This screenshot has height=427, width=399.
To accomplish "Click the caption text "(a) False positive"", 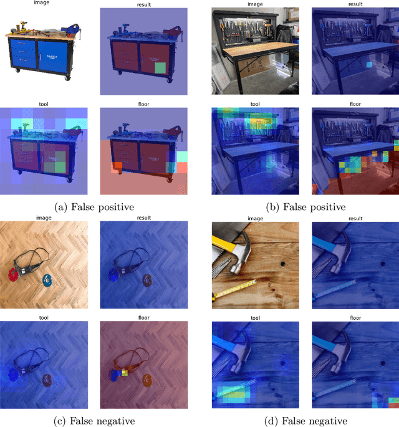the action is pos(94,207).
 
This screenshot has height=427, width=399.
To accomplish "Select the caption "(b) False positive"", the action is pos(305,207).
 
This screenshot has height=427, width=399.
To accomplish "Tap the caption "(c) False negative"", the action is pos(94,421).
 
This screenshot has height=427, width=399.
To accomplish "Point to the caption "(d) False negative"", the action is pos(306,421).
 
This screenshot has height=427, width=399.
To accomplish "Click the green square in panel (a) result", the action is pos(160,68).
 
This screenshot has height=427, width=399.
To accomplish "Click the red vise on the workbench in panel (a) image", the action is pos(71,29).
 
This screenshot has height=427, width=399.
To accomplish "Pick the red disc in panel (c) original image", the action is pos(13,274).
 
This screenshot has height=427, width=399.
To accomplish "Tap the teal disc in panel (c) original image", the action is pos(47,280).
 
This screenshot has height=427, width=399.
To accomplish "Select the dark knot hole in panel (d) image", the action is pos(283,264).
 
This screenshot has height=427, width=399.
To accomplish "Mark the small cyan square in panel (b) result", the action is pos(369,65).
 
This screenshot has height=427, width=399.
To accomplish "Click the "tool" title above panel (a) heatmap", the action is pos(44,104).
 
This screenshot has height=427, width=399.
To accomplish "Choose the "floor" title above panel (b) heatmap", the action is pos(355,104).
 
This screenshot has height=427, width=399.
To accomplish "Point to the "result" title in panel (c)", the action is pos(144,218).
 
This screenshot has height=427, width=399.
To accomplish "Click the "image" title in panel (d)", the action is pos(255,218).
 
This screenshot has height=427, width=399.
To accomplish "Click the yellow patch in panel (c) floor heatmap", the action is pos(125,373).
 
